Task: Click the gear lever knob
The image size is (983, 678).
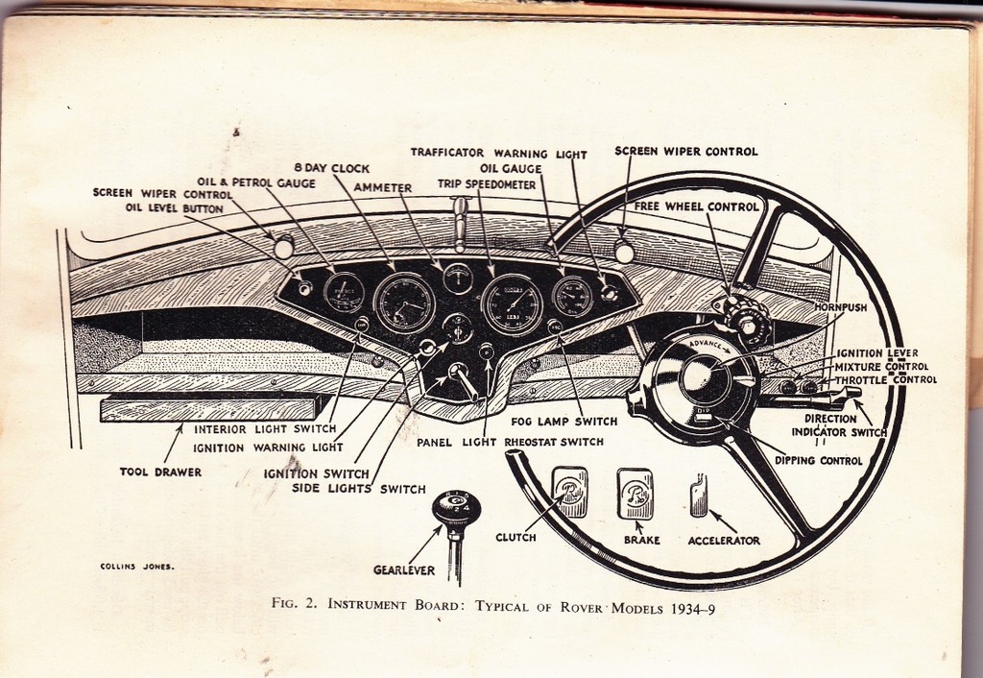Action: pos(456,509)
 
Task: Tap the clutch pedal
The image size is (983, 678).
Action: pos(570,493)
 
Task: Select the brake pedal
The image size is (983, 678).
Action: pos(635,494)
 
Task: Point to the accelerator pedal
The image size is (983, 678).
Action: pos(699,496)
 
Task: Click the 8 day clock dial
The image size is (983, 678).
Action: pos(404,303)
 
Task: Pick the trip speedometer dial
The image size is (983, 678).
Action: pos(513,304)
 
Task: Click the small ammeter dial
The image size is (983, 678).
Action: pos(458,278)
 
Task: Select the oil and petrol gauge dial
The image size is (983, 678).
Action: pos(345,293)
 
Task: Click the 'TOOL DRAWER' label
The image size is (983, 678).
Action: pos(160,472)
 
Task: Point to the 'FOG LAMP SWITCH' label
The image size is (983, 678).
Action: pos(564,422)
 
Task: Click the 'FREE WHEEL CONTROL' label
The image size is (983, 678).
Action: pos(697,206)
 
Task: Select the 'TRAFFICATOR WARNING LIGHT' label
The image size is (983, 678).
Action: pos(499,153)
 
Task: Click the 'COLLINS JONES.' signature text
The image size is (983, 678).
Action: pos(137,567)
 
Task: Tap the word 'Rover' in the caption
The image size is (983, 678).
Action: pos(581,607)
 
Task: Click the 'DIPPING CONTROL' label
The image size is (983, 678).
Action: pos(819,460)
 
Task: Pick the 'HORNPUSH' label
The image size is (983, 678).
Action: pos(841,307)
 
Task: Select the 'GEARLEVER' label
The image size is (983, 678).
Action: pos(404,570)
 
